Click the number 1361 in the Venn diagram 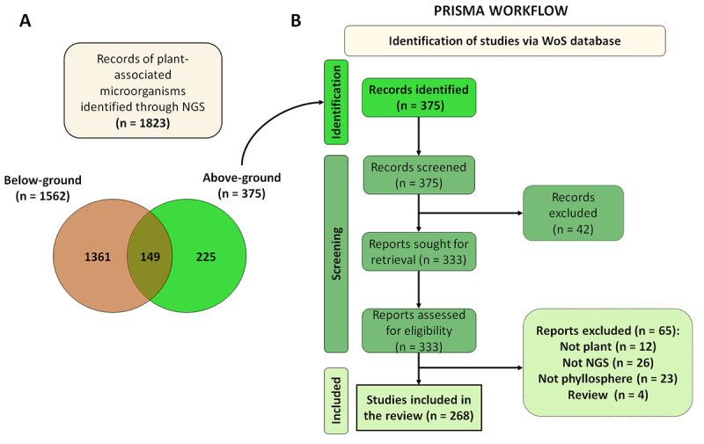pos(98,257)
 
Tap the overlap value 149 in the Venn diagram pos(150,257)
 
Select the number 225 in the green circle pos(206,257)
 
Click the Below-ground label pos(42,180)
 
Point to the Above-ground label pos(241,178)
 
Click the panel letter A pos(26,20)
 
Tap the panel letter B pos(296,20)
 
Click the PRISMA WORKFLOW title pos(501,11)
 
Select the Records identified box pos(419,98)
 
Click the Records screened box pos(419,175)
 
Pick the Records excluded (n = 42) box pos(574,213)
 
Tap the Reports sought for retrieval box pos(419,251)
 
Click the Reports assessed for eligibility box pos(419,331)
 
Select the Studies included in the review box pos(419,408)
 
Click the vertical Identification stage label pos(336,102)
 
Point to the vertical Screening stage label pos(336,254)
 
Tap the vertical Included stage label pos(336,401)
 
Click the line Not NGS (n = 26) pos(608,362)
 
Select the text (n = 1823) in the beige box pos(143,123)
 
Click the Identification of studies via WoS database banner pos(505,40)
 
